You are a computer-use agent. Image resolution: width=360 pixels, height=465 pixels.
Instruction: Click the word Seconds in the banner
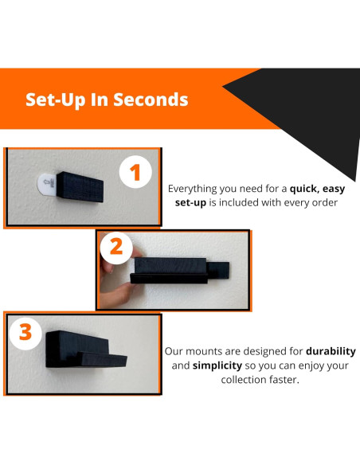coord(151,100)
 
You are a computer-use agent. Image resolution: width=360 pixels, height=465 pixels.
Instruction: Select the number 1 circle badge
coord(135,172)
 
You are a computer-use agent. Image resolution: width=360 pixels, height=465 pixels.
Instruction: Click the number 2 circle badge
coord(116,248)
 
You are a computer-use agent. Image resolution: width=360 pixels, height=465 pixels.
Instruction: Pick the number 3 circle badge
coord(25,334)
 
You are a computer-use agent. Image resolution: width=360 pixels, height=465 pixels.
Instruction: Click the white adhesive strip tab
coord(47,185)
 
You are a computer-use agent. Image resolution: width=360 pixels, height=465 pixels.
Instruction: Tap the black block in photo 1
coord(80,187)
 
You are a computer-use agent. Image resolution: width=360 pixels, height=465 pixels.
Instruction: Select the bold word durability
coord(331,351)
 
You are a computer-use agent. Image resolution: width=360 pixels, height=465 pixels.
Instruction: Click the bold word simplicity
coord(217,365)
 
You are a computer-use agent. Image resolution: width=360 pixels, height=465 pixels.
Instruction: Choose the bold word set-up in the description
coord(190,203)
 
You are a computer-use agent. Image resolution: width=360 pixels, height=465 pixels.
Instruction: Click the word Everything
coord(193,189)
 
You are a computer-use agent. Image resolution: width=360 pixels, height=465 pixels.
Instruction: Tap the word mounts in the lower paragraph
coord(204,352)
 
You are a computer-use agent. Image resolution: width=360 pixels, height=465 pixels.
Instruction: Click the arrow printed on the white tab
coord(46,182)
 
